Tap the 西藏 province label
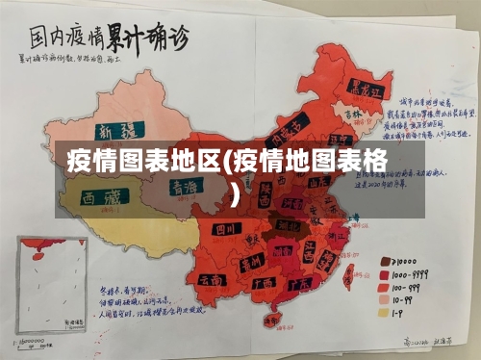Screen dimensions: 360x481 click(102, 199)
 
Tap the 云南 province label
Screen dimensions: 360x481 click(215, 277)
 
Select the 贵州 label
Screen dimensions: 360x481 click(252, 260)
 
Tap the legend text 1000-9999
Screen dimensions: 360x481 click(415, 273)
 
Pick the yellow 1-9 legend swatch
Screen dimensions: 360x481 click(385, 312)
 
